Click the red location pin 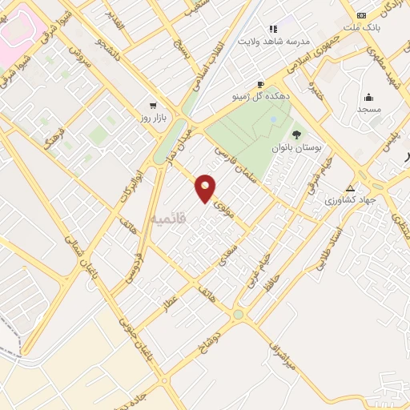[206, 187]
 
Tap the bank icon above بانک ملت [361, 15]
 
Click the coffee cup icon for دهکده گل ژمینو [260, 84]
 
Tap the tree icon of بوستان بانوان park [296, 135]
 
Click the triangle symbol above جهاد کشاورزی [350, 189]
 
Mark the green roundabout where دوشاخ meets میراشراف [238, 314]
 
